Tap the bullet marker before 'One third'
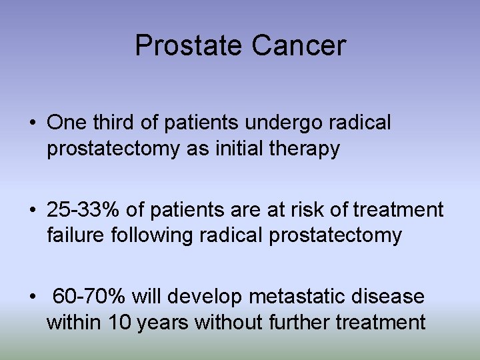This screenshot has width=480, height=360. pyautogui.click(x=32, y=123)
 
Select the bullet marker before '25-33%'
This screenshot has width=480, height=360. pyautogui.click(x=32, y=211)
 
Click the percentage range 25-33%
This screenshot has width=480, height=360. pyautogui.click(x=83, y=210)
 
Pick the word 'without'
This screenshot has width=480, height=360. pyautogui.click(x=230, y=323)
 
